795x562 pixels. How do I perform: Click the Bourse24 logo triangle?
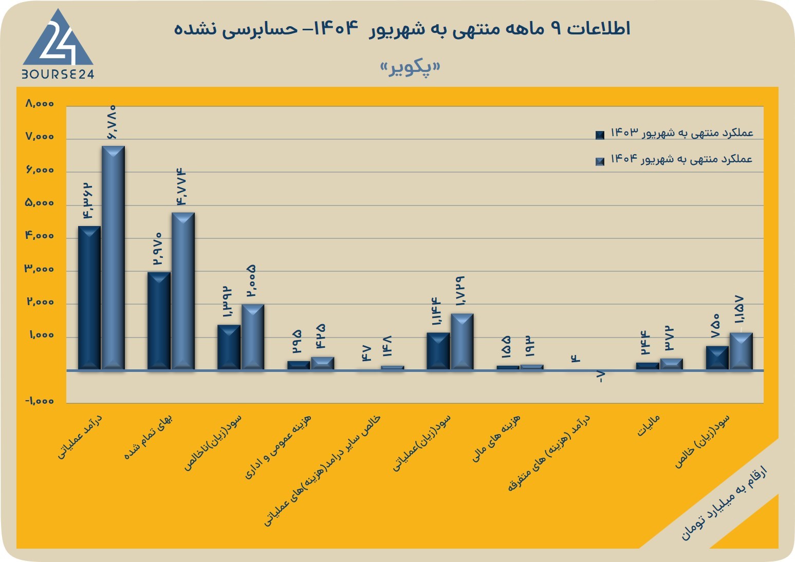coord(58,39)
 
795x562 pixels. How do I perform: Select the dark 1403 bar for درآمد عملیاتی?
coord(89,298)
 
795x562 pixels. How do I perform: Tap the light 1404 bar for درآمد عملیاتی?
coord(113,258)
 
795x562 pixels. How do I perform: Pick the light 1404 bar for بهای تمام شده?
coord(183,291)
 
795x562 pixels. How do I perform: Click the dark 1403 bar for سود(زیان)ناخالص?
coord(229,347)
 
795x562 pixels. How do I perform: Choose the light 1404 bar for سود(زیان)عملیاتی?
coord(462,342)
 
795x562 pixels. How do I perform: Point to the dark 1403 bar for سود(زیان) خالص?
coord(717,358)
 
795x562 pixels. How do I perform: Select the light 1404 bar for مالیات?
coord(672,364)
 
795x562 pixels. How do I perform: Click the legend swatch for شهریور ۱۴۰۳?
coord(600,135)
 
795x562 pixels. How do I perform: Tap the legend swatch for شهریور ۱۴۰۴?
coord(600,161)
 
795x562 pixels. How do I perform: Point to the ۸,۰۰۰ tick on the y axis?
coord(40,104)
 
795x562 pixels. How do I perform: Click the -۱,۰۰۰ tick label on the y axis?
coord(40,401)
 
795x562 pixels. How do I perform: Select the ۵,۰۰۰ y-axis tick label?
coord(40,202)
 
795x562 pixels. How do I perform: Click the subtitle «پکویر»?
coord(410,68)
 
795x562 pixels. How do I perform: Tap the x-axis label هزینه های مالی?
coord(496,439)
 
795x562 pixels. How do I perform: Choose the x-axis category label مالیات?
coord(649,425)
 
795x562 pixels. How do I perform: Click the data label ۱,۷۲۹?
coord(460,291)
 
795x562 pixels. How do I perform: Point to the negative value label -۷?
coord(601,377)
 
